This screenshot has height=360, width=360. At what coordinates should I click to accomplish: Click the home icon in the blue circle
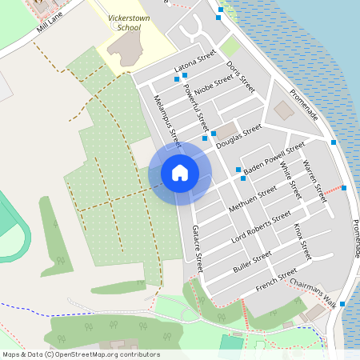point(180,173)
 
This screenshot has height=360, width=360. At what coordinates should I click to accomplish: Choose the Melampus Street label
point(165,116)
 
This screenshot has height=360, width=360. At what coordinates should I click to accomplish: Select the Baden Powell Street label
point(274,159)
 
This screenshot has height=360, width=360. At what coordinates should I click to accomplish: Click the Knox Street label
point(302,241)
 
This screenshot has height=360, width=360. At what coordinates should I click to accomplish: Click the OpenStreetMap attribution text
point(81,354)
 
